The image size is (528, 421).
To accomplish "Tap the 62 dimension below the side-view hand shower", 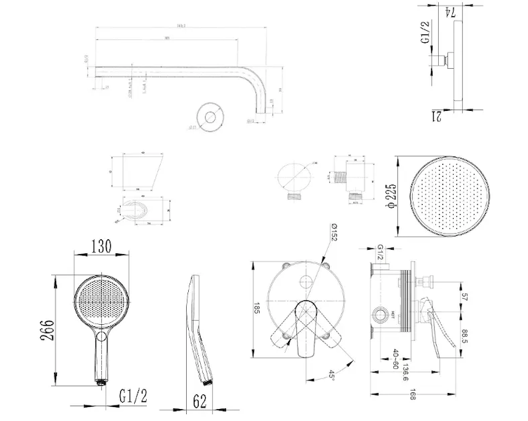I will pyautogui.click(x=200, y=401).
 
